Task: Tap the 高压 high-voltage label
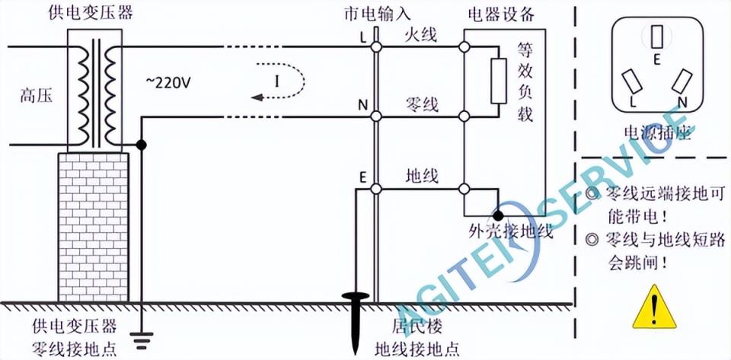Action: point(37,96)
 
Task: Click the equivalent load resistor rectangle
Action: point(499,81)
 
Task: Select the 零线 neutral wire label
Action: point(420,103)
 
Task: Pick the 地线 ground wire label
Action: point(420,175)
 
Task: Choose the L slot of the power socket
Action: point(630,81)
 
